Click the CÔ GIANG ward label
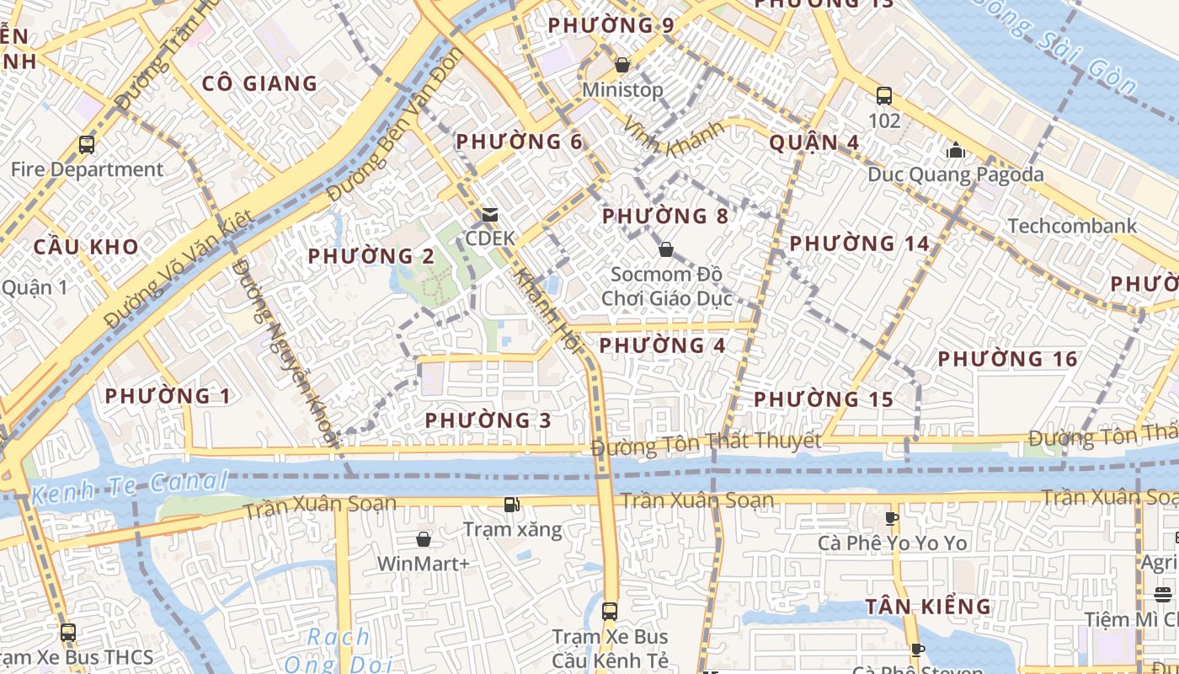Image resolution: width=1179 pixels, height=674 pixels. click(x=259, y=83)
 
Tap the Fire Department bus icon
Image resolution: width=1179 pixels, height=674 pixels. click(x=87, y=145)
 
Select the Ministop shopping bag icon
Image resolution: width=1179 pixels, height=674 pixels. click(x=622, y=65)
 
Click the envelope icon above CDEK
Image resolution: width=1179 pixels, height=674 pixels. click(x=489, y=215)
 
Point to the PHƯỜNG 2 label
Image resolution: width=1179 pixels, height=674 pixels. click(x=371, y=256)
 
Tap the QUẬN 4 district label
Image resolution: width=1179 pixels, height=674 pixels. click(x=814, y=142)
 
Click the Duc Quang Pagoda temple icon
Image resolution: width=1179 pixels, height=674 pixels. click(x=956, y=151)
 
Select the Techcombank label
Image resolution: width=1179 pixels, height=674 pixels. click(x=1072, y=226)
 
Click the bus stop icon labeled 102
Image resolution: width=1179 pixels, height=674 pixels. click(x=884, y=96)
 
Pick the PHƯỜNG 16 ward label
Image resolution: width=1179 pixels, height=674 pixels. click(x=1007, y=360)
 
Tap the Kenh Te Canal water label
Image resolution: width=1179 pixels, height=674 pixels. click(x=130, y=486)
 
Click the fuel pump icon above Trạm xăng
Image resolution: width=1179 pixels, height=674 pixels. click(x=511, y=505)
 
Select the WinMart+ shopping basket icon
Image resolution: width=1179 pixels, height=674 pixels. click(x=424, y=539)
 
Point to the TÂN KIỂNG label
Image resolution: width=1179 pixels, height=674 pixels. click(x=929, y=607)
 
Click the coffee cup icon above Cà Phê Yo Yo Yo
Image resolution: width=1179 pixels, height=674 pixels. click(x=893, y=518)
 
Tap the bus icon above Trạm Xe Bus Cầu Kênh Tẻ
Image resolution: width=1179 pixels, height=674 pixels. click(x=610, y=611)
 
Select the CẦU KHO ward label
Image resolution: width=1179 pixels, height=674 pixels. click(x=86, y=247)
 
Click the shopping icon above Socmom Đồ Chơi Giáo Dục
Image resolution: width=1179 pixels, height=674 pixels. click(x=666, y=249)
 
